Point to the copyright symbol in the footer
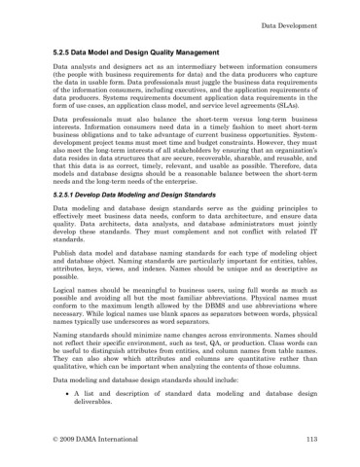click(x=54, y=440)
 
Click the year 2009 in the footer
click(x=70, y=440)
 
